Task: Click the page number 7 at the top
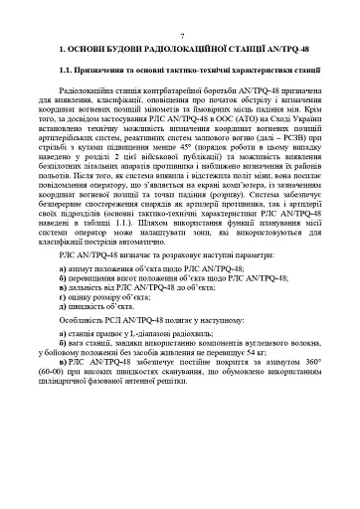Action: coord(179,34)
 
